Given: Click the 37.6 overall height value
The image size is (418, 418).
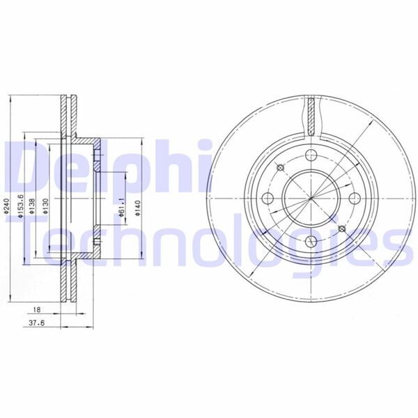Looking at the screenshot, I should [x=31, y=323].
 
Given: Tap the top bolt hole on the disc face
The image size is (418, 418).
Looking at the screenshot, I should [x=311, y=154].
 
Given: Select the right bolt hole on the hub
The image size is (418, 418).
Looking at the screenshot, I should [x=355, y=198].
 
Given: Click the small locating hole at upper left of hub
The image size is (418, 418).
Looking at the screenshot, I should [x=279, y=167].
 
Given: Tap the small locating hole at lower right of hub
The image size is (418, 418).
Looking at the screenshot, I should [x=341, y=229].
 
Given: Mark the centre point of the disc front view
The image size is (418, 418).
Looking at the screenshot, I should [x=311, y=198].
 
